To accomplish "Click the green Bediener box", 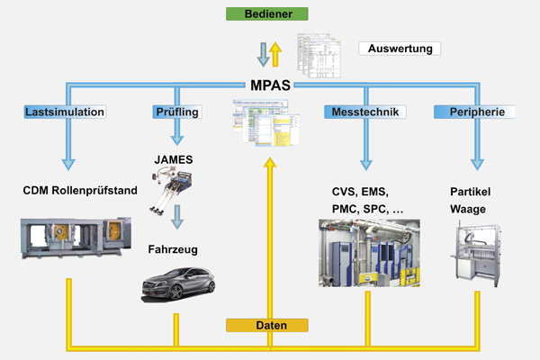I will click(269, 13).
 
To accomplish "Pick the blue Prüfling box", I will click(176, 112).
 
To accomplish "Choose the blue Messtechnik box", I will click(366, 112).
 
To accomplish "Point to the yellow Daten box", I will click(267, 325).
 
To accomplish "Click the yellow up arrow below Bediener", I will click(276, 53).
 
